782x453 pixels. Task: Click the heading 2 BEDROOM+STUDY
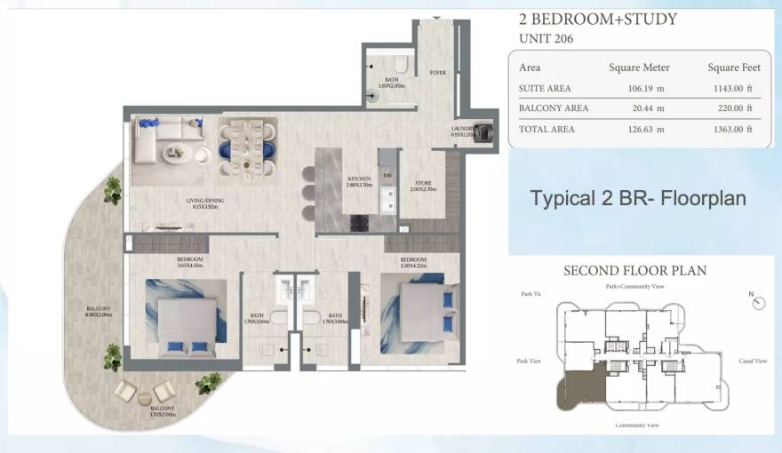(597, 19)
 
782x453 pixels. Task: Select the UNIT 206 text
(545, 38)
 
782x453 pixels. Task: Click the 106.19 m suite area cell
(639, 88)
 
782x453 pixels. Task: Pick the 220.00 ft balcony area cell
(730, 108)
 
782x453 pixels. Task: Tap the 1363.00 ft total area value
(730, 129)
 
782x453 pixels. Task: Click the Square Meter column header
(639, 68)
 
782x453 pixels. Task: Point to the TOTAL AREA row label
(547, 129)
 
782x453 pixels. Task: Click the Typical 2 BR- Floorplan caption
(638, 198)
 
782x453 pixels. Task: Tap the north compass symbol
(757, 302)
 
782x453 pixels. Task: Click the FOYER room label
(438, 73)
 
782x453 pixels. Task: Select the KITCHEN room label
(359, 181)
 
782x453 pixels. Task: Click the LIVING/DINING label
(205, 201)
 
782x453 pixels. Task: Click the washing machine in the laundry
(484, 132)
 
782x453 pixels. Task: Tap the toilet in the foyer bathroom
(400, 65)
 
